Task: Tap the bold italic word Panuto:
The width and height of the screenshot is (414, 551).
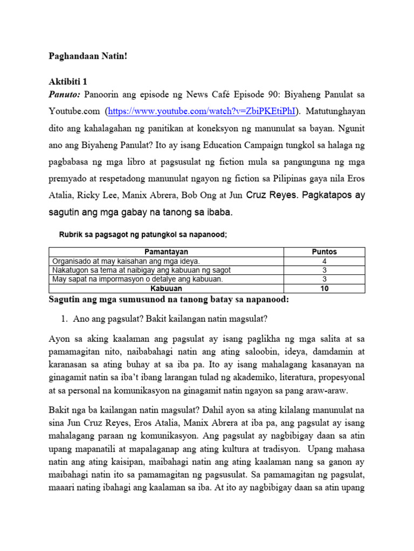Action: [65, 95]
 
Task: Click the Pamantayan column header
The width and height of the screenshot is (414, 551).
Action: [167, 252]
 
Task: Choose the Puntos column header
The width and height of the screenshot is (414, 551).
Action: [325, 252]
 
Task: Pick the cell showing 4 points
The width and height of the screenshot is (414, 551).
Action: [325, 261]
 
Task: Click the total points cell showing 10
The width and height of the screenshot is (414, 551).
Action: [325, 288]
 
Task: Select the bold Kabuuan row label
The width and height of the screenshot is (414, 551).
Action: [167, 288]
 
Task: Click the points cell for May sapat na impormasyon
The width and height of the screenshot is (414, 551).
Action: [325, 279]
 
